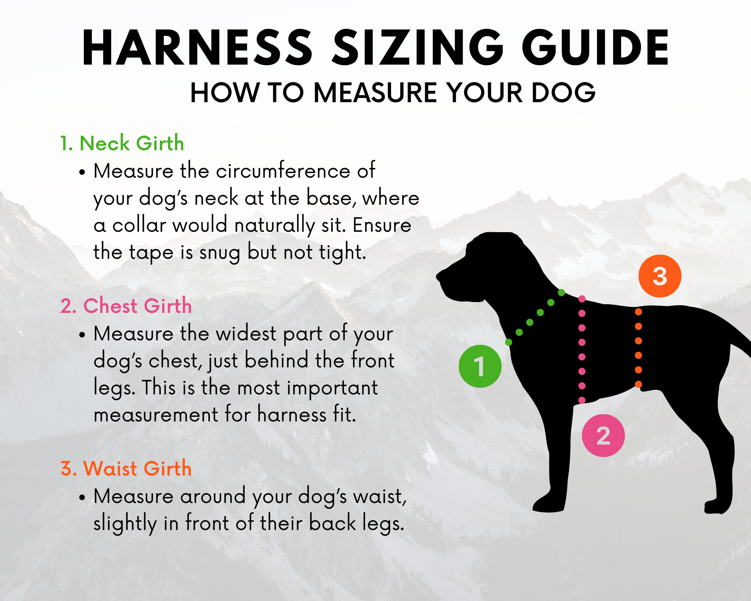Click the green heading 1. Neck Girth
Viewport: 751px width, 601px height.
tap(122, 143)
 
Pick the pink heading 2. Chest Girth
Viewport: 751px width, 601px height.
tap(126, 306)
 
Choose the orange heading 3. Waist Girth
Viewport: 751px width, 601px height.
tap(126, 468)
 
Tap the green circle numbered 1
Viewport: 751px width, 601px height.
tap(480, 366)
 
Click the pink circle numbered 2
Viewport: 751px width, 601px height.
tap(603, 436)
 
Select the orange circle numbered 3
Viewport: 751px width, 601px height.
tap(660, 276)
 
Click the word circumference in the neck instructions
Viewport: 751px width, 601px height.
tap(283, 171)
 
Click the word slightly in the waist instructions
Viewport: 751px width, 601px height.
tap(125, 523)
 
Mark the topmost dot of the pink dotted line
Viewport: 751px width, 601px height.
tap(582, 299)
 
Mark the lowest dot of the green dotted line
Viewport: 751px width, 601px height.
tap(509, 342)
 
